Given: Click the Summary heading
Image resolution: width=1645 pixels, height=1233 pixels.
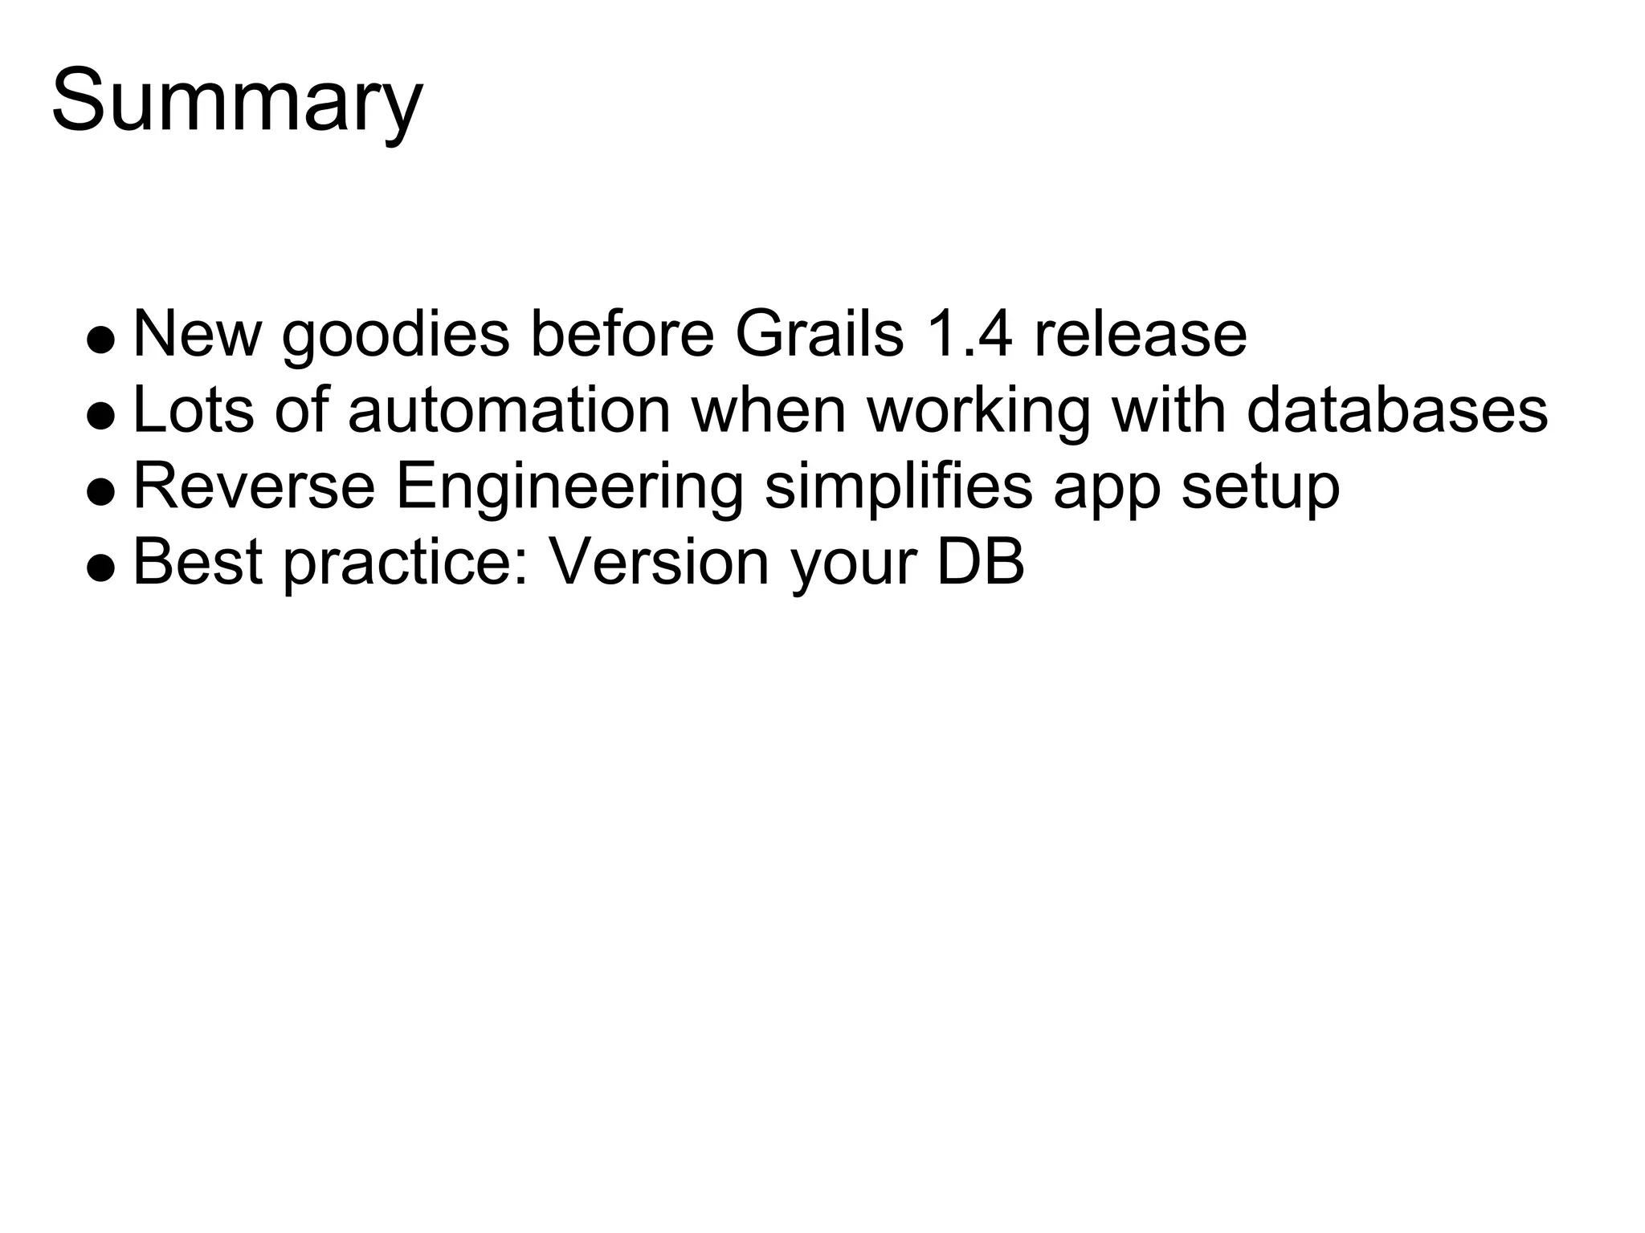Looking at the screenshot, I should pos(237,103).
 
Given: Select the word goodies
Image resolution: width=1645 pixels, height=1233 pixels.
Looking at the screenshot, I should pos(395,336).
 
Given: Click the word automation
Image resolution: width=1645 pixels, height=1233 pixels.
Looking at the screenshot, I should pos(508,409).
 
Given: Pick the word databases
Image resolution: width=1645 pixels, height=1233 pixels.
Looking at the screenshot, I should pos(1397,409).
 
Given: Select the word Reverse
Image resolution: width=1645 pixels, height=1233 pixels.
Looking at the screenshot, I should pos(254,486).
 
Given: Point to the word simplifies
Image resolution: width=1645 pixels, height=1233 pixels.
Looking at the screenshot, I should pos(898,487).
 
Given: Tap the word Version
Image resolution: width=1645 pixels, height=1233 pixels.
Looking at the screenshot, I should pos(659,562).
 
